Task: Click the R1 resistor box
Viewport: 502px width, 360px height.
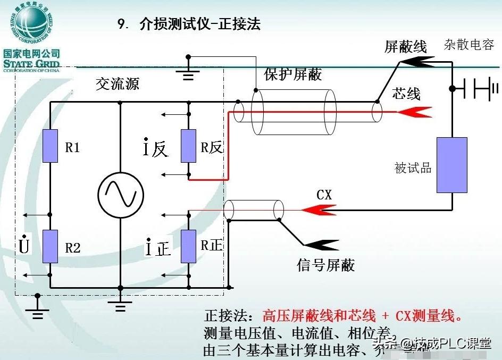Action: point(50,146)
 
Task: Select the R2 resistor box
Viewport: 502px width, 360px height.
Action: point(50,246)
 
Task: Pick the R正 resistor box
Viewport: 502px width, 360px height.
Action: point(188,246)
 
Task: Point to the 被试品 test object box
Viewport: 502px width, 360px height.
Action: point(451,165)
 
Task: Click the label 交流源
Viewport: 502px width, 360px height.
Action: point(118,84)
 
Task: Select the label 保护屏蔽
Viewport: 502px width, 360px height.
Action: point(293,74)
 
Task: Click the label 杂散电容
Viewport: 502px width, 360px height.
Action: point(469,45)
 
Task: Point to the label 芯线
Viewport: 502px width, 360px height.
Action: point(406,94)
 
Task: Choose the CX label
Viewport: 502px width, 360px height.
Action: point(324,195)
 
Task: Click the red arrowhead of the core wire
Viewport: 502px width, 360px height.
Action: point(415,112)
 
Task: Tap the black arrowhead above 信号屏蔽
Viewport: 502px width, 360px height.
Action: point(322,245)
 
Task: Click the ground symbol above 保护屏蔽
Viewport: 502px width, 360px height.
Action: point(188,73)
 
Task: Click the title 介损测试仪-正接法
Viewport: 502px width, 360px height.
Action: point(199,24)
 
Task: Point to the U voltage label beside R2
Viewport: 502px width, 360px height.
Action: point(23,246)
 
